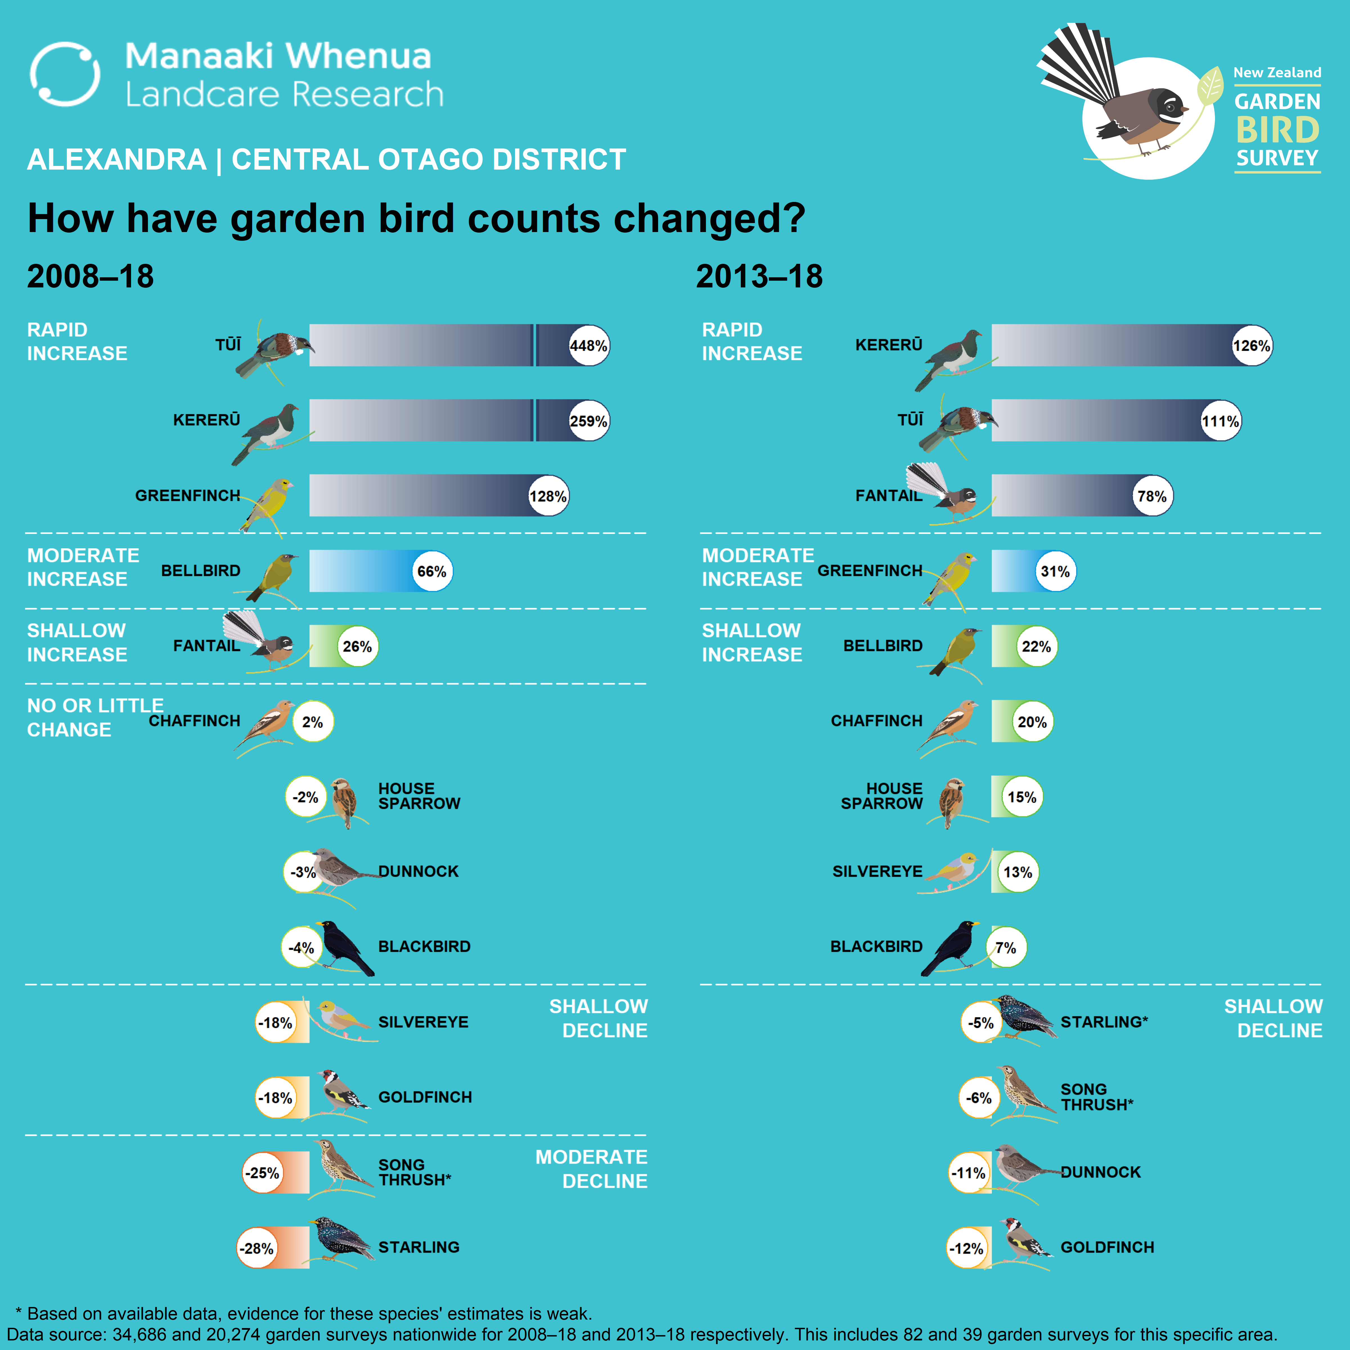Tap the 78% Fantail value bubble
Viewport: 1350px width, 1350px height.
coord(1151,496)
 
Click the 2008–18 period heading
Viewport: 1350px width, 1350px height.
coord(90,276)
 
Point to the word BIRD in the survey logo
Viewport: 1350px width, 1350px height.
coord(1277,130)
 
